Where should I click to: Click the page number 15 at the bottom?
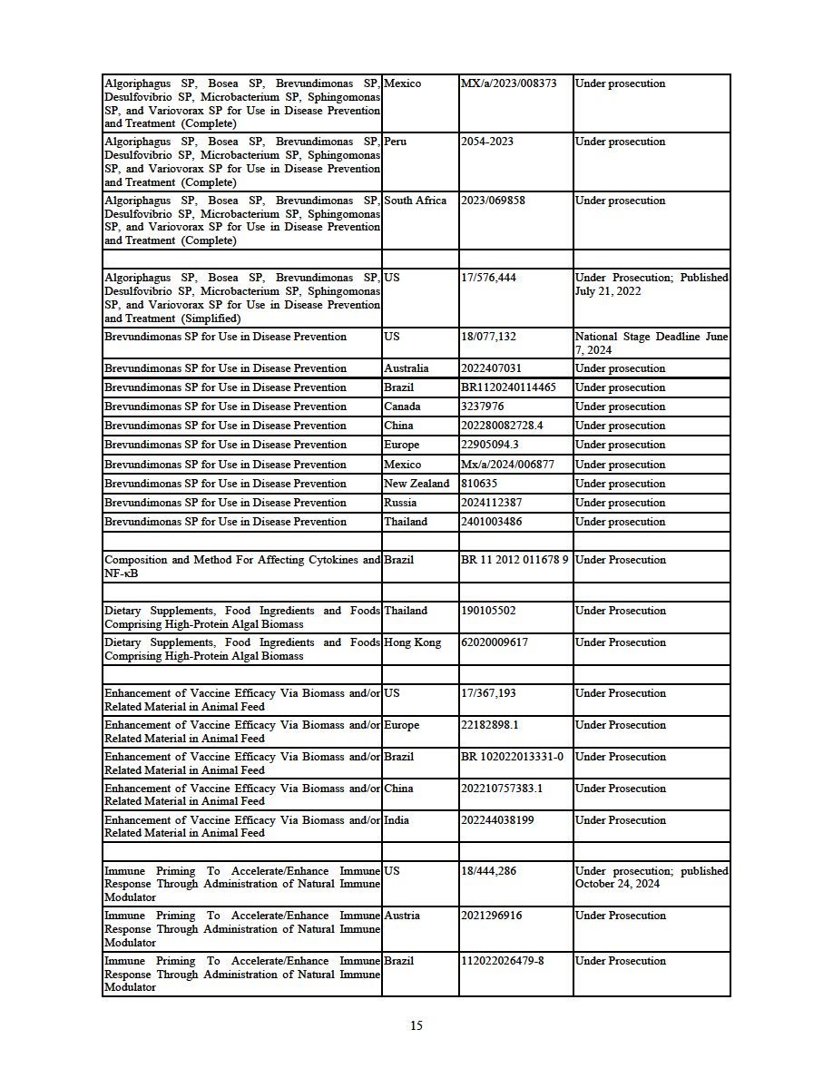pyautogui.click(x=416, y=1026)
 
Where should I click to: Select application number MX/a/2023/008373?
pyautogui.click(x=509, y=83)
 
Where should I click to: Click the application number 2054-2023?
pyautogui.click(x=487, y=142)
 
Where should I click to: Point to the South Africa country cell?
pyautogui.click(x=416, y=201)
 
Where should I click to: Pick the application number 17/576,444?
pyautogui.click(x=488, y=278)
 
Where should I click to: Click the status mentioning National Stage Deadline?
pyautogui.click(x=652, y=343)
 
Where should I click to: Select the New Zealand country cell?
pyautogui.click(x=416, y=484)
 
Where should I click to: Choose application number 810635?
pyautogui.click(x=480, y=484)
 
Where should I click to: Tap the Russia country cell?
pyautogui.click(x=400, y=503)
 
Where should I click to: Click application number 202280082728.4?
pyautogui.click(x=502, y=426)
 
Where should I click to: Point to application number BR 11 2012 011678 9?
pyautogui.click(x=514, y=560)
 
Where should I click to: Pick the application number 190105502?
pyautogui.click(x=489, y=611)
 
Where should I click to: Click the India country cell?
pyautogui.click(x=397, y=820)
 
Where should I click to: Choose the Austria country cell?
pyautogui.click(x=402, y=916)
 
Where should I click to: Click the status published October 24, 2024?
pyautogui.click(x=652, y=877)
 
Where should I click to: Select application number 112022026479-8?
pyautogui.click(x=503, y=961)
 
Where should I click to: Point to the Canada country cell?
pyautogui.click(x=402, y=407)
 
